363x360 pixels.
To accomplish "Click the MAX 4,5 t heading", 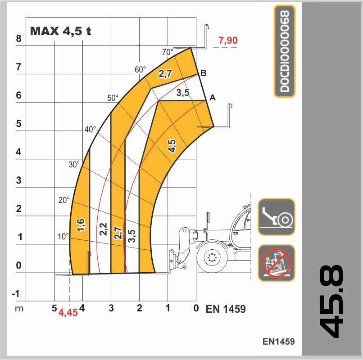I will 60,31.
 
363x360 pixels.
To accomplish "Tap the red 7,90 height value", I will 227,40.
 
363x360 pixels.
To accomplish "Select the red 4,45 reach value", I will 68,313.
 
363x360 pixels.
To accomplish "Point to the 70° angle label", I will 168,52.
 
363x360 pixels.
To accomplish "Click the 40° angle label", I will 90,130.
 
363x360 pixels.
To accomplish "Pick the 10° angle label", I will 63,236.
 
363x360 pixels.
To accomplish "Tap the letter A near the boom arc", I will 213,97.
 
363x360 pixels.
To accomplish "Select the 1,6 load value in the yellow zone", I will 81,225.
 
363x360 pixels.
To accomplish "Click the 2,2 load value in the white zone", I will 103,229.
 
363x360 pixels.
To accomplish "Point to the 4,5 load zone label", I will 172,146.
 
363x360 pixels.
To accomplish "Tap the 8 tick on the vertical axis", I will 18,39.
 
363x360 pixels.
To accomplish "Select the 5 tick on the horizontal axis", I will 54,308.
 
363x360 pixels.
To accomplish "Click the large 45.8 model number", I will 331,301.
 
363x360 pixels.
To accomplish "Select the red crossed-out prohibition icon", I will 276,263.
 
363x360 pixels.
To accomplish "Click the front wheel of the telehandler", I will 212,258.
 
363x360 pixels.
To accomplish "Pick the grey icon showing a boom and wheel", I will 276,216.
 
